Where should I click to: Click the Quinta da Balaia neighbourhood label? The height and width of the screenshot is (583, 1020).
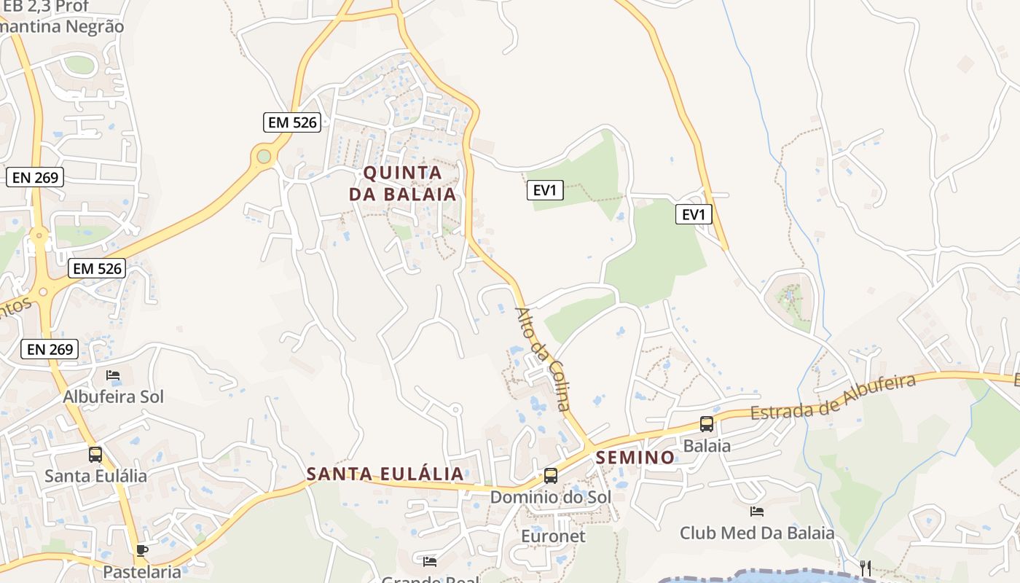coord(402,184)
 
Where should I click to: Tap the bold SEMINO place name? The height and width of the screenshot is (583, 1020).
coord(635,458)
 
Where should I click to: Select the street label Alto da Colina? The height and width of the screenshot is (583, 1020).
coord(543,359)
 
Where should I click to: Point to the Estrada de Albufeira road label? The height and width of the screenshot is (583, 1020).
coord(833,398)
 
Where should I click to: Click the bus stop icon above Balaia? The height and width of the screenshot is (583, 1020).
coord(706,424)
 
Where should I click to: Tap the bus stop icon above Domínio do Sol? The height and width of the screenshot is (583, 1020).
coord(551,476)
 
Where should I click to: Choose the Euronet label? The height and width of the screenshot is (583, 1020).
coord(553,536)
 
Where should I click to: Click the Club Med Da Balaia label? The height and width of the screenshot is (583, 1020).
coord(757,533)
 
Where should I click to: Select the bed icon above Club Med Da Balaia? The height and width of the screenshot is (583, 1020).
coord(757,512)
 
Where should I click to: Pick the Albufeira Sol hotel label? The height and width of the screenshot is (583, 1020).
coord(114,397)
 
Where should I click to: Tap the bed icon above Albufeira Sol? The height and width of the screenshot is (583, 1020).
coord(113,375)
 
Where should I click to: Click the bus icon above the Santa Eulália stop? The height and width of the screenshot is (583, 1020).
coord(95,455)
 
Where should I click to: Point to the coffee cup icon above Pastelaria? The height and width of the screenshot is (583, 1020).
coord(141,550)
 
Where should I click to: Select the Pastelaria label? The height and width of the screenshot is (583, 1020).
coord(141,571)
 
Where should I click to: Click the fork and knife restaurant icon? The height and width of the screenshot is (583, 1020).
coord(866,568)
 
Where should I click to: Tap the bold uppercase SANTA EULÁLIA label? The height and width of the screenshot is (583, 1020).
coord(385,474)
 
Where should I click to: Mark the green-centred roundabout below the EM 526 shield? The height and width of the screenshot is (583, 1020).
coord(263,156)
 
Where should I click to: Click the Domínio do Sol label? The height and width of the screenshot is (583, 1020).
coord(550,497)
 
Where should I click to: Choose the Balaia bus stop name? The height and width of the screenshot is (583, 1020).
coord(707,445)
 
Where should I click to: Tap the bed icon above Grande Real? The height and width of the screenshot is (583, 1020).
coord(430,561)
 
